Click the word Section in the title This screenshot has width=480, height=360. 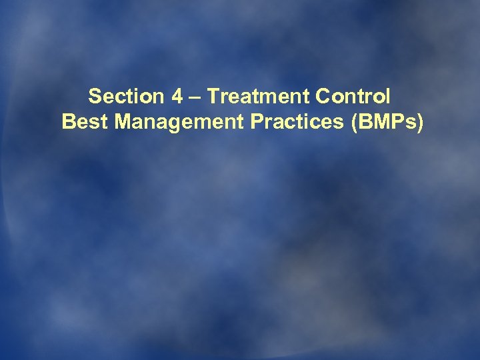(126, 97)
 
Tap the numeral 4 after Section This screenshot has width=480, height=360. (177, 97)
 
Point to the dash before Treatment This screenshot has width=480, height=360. (194, 97)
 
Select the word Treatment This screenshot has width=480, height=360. (257, 97)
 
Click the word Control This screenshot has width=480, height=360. (353, 97)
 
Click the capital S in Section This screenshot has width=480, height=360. (95, 97)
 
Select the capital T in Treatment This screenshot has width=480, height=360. (211, 97)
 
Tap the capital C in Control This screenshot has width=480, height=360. (323, 97)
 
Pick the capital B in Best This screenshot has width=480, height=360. (67, 123)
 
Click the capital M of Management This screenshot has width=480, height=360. (109, 123)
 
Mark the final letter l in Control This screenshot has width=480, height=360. (388, 97)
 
